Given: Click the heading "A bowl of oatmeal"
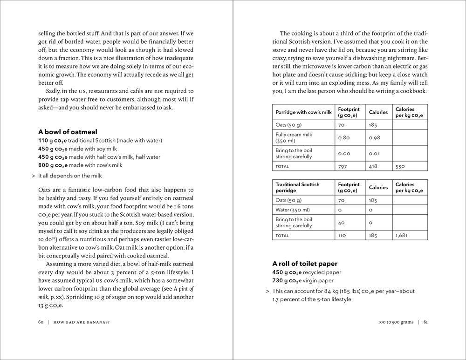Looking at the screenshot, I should point(68,132).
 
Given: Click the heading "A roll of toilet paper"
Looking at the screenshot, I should point(305,264).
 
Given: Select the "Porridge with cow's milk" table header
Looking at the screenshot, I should point(303,112).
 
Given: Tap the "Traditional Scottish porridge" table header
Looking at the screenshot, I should point(297,188).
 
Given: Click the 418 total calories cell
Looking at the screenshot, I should point(374,166).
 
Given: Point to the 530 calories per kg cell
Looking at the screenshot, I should point(400,166).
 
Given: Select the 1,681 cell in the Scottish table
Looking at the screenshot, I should point(402,236).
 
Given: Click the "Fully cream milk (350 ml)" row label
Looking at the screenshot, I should point(294,137).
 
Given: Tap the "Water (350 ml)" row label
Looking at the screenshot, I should point(291,210).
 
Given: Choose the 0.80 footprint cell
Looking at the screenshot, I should point(344,137).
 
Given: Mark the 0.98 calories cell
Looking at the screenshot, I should point(375,137).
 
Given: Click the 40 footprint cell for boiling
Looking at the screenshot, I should point(342,223).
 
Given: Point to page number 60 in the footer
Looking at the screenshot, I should point(41,322).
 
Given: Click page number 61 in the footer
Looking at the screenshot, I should point(425,322).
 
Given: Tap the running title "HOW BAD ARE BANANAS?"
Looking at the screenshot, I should point(81,322).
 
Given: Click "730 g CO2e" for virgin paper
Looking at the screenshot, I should point(287,281).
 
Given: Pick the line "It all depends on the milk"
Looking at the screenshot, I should point(69,176).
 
